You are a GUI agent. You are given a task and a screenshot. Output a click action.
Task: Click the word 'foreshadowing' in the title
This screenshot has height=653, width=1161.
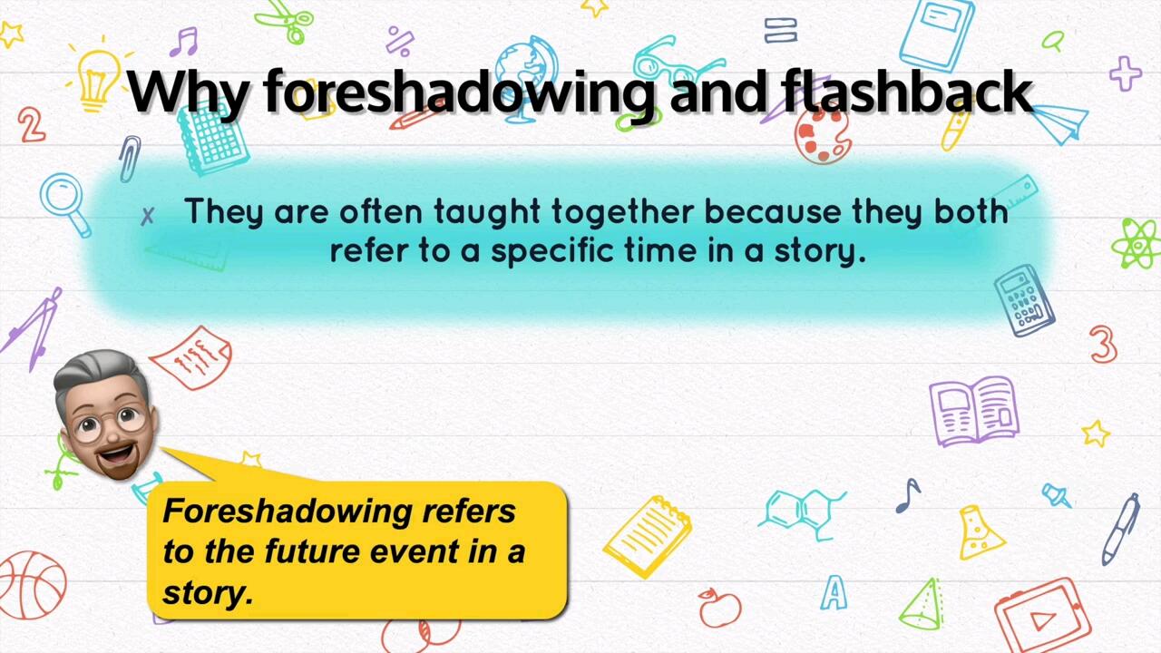[459, 92]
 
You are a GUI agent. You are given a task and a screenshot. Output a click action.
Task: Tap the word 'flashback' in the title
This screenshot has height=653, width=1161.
[906, 92]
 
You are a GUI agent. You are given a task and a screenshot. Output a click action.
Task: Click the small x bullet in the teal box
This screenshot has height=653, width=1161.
[148, 216]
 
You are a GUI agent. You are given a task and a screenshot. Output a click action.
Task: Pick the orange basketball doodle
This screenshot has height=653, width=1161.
[32, 585]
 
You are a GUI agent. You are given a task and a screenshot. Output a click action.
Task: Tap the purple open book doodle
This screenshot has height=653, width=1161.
[973, 410]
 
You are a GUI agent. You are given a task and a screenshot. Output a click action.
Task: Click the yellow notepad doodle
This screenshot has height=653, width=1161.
[647, 535]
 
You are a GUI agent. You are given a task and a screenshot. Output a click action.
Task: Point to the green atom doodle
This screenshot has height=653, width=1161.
[1136, 243]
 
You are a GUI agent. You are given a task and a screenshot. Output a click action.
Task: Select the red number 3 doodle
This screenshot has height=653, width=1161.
[1103, 345]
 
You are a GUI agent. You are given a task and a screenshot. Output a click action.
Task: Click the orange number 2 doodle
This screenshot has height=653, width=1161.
[31, 125]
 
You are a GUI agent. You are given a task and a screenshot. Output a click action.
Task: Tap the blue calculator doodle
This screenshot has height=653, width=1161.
[1024, 300]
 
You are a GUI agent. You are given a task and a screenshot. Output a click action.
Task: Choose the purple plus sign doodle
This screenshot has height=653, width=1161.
[1125, 73]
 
